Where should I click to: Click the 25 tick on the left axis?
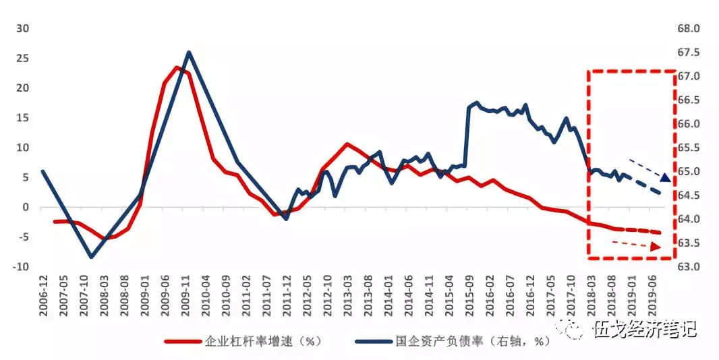pos(23,58)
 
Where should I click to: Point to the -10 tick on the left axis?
pos(20,267)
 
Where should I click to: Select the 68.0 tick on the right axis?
pos(693,29)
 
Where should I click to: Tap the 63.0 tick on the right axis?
pos(693,267)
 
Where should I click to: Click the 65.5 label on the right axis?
pos(693,148)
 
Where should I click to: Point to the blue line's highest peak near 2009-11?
pos(188,53)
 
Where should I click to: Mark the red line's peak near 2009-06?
pos(177,67)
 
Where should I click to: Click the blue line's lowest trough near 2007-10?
pos(91,257)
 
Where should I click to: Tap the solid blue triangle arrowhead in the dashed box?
pos(665,177)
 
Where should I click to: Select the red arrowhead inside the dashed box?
pos(656,248)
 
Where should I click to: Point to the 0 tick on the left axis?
pos(26,207)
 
